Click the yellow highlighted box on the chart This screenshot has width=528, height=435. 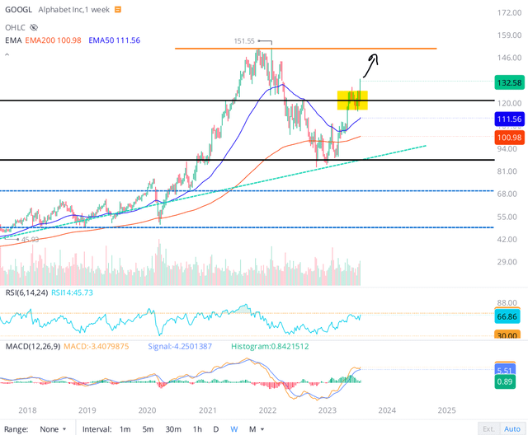[x=352, y=100]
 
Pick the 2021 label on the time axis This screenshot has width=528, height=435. [x=207, y=409]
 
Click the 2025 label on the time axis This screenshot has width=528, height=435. [x=445, y=409]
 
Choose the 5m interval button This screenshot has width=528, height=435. [x=148, y=428]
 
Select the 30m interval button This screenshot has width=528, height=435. [x=172, y=428]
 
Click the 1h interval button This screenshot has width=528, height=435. [x=197, y=428]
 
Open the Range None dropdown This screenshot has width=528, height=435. [x=54, y=428]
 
